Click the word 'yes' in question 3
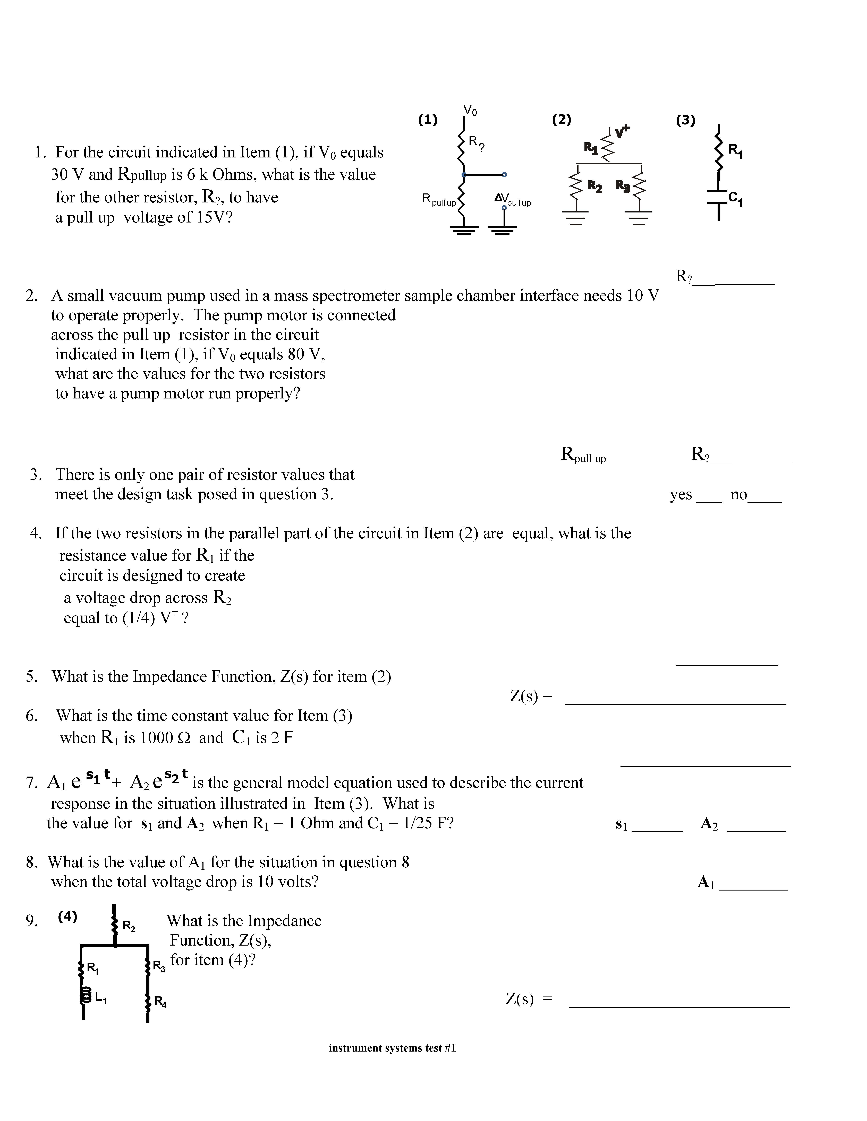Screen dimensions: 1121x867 pyautogui.click(x=681, y=495)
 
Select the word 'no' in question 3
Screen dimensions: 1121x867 pyautogui.click(x=739, y=495)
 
